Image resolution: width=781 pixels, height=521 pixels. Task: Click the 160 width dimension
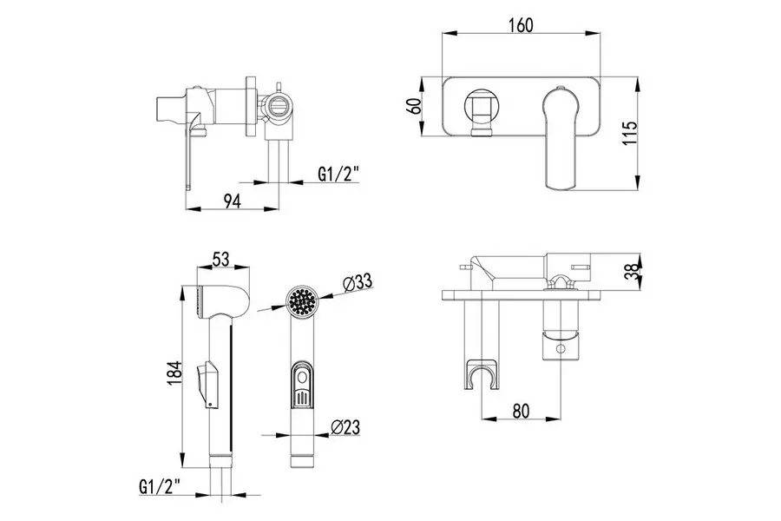coord(521,25)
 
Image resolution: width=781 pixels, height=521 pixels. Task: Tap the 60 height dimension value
coord(415,106)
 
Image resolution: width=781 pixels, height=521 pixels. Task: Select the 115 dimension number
coord(630,133)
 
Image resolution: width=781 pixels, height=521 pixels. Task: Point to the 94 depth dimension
coord(232,201)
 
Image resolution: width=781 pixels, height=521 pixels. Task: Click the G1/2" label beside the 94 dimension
coord(338,174)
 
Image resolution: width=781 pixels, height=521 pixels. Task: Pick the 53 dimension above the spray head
coord(220,260)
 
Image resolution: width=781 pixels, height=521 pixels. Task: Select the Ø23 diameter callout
coord(345,426)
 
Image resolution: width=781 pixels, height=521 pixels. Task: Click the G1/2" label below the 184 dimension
coord(160,485)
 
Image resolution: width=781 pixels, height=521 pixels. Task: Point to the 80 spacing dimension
coord(521,411)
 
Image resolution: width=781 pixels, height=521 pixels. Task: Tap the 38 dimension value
coord(631,271)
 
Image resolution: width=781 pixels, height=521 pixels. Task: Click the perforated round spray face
coord(302,300)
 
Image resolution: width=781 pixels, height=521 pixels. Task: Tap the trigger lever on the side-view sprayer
coord(207,383)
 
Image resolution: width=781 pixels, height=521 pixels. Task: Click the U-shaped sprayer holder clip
coord(482,373)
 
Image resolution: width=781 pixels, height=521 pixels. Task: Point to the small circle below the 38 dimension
coord(561,348)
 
